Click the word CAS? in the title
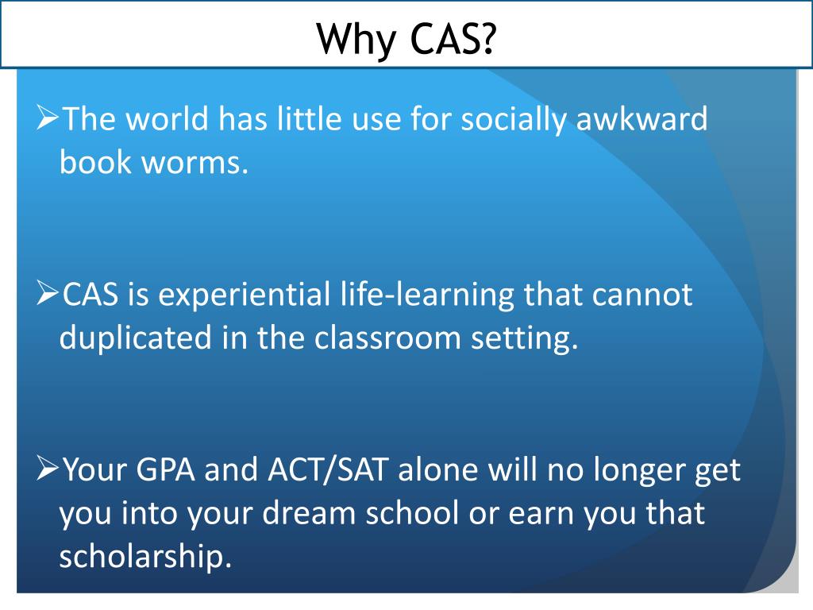click(450, 37)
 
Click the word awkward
click(642, 120)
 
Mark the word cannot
click(642, 295)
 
